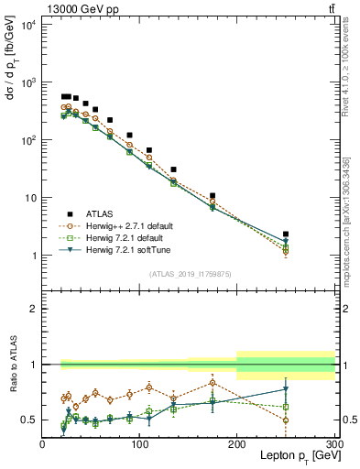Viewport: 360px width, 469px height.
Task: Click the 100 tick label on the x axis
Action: (x=139, y=444)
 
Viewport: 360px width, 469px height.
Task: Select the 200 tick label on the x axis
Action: (x=237, y=444)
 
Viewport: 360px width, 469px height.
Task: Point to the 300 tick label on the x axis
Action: (x=333, y=444)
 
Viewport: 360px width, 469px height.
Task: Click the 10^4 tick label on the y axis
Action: (x=28, y=25)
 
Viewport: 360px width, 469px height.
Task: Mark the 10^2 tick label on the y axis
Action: (x=28, y=140)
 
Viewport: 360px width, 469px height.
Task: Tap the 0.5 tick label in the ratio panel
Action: (x=29, y=420)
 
